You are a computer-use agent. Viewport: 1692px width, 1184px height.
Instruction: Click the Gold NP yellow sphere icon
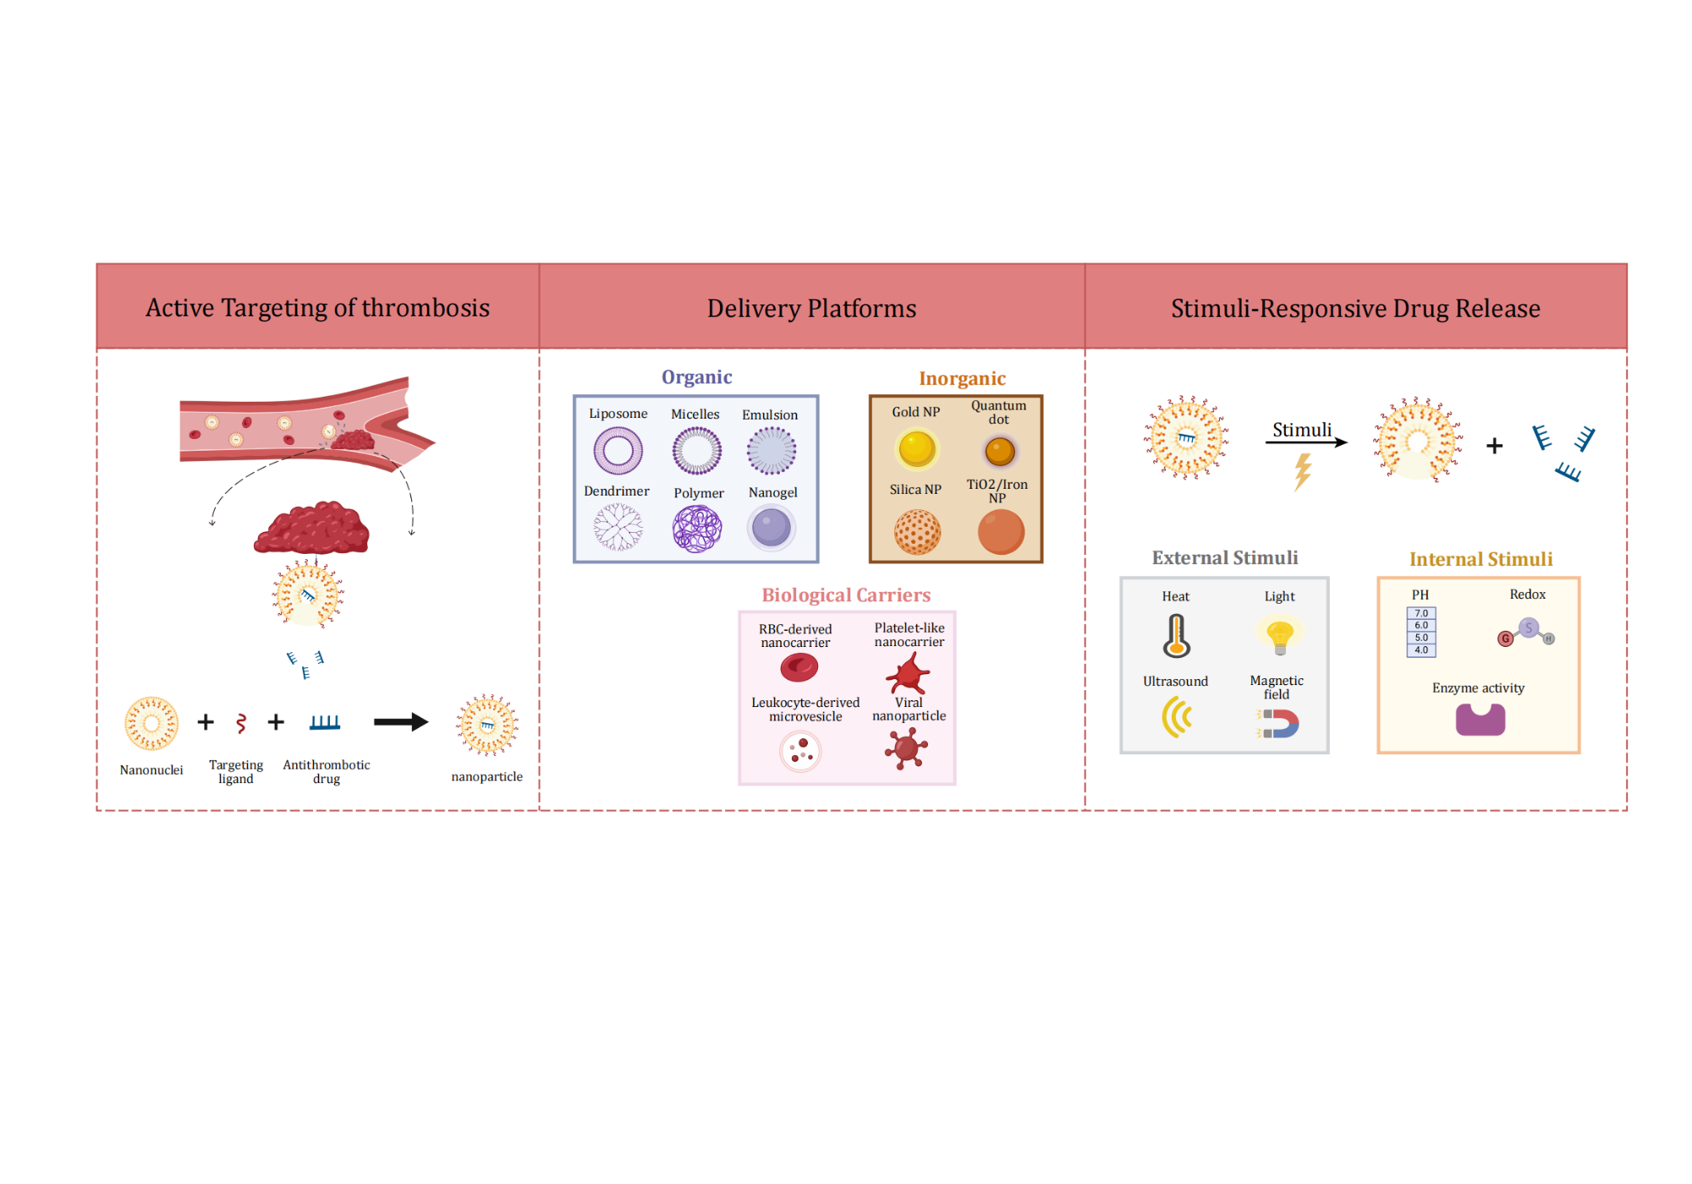[x=916, y=448]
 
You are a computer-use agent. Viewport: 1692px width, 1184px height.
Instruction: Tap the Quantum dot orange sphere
[x=999, y=451]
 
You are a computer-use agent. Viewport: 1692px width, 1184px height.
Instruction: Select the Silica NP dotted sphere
[x=917, y=532]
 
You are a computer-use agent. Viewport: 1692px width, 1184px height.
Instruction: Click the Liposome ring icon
[x=618, y=451]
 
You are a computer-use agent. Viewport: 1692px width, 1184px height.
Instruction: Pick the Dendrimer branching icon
[x=618, y=528]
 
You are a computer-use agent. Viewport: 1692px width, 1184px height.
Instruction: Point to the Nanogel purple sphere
[x=772, y=528]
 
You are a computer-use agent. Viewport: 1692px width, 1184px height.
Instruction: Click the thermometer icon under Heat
[x=1176, y=636]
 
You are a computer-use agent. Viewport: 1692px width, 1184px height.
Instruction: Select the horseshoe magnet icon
[x=1279, y=724]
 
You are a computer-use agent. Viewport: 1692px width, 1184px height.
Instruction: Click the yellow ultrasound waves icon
[x=1175, y=717]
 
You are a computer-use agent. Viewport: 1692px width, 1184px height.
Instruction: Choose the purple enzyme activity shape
[x=1480, y=721]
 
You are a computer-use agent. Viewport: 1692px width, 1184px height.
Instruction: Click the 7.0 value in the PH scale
[x=1421, y=614]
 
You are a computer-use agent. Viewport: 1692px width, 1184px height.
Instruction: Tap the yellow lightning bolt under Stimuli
[x=1303, y=472]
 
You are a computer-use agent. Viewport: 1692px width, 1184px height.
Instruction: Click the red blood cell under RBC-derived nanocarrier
[x=799, y=668]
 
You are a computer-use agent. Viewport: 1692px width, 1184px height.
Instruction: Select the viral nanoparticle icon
[x=906, y=748]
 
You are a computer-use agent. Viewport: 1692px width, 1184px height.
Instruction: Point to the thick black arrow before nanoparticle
[x=401, y=721]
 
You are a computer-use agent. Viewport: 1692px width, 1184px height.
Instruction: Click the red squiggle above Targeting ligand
[x=241, y=723]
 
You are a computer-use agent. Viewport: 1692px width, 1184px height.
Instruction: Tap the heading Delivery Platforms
[x=811, y=309]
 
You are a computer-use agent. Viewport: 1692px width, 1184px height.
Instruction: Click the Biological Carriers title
[x=846, y=595]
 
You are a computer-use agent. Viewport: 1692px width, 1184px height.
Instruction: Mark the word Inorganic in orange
[x=962, y=379]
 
